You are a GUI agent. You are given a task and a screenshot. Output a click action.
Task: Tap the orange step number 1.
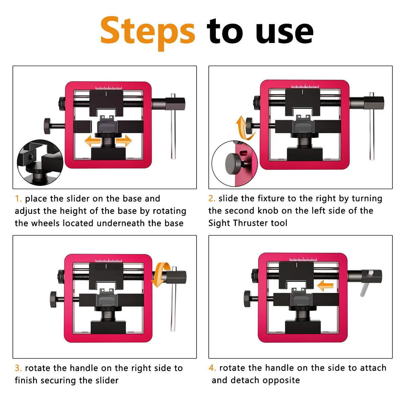click(18, 199)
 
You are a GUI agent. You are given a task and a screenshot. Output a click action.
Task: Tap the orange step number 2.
click(212, 199)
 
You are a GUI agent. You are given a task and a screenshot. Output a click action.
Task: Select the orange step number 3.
click(18, 368)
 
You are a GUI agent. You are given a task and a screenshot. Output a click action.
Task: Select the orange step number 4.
click(212, 368)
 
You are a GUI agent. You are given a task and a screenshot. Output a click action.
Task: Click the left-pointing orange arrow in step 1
click(92, 141)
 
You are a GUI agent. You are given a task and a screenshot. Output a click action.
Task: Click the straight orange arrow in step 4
click(325, 286)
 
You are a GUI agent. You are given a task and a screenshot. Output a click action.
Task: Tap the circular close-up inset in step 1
click(40, 163)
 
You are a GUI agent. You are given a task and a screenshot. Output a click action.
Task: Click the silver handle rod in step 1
click(173, 132)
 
